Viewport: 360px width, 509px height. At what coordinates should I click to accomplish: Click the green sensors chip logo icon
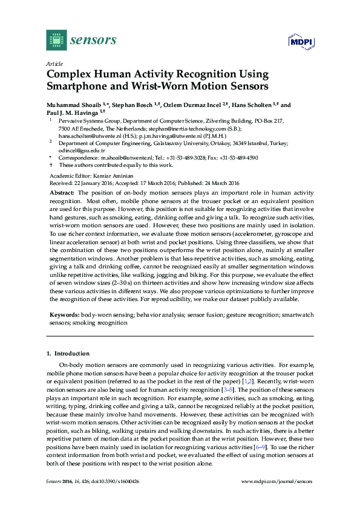pyautogui.click(x=56, y=40)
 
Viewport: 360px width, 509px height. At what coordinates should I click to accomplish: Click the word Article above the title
pyautogui.click(x=53, y=63)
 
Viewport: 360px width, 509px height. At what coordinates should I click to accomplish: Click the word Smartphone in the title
pyautogui.click(x=77, y=86)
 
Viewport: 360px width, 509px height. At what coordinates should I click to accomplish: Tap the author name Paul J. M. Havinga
pyautogui.click(x=73, y=112)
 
